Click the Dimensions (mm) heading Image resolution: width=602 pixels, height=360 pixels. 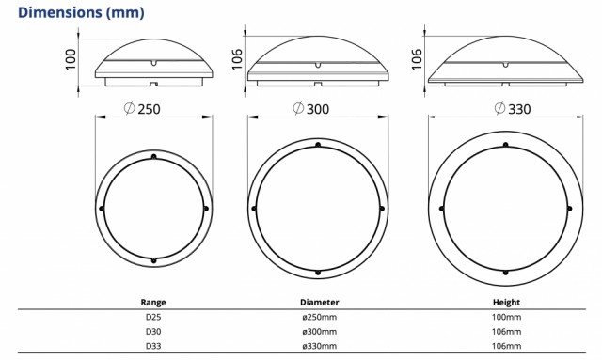81,12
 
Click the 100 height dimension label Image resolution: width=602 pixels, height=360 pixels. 71,59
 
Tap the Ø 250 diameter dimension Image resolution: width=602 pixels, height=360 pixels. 142,109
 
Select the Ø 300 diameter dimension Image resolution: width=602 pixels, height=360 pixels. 310,108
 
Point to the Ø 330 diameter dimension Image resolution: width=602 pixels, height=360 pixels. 512,108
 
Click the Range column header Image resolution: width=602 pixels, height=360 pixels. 153,302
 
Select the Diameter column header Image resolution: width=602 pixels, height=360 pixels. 320,302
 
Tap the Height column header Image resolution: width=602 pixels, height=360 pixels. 506,302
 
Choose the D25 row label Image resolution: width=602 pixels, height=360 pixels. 153,317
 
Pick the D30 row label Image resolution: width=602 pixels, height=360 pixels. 153,331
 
